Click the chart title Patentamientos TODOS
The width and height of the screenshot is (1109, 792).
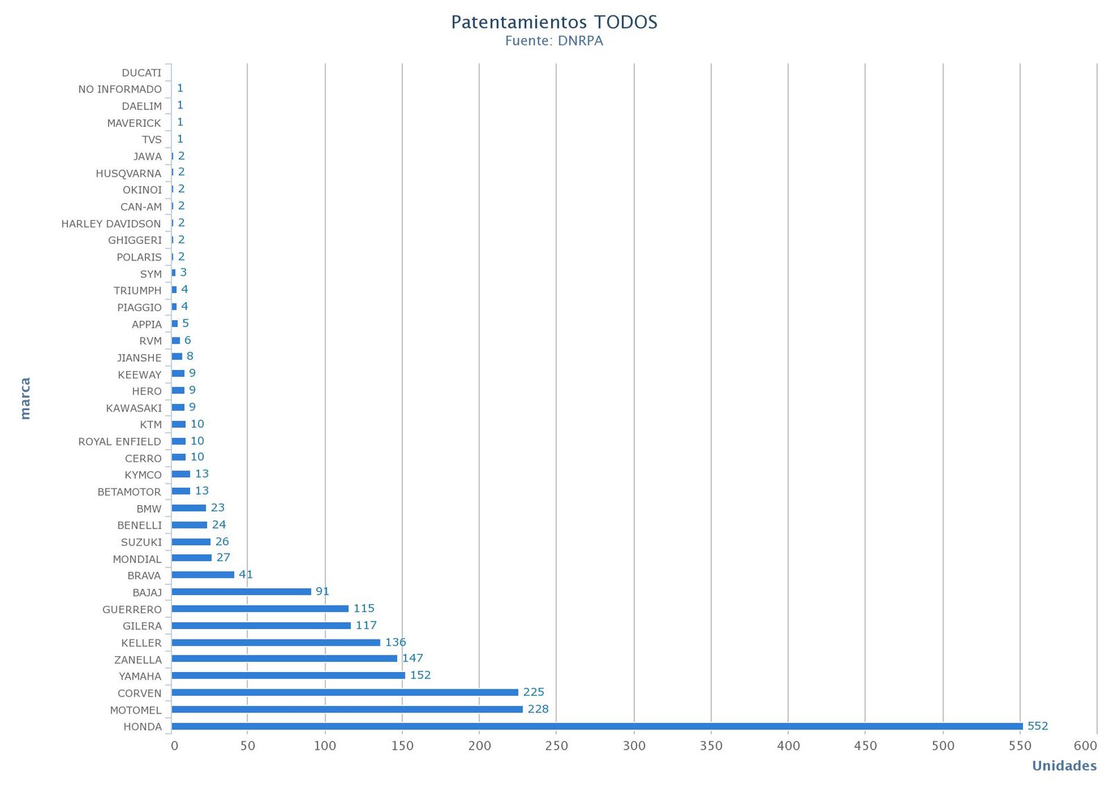point(554,22)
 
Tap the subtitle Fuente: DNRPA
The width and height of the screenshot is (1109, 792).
point(554,41)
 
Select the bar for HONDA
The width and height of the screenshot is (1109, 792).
point(596,726)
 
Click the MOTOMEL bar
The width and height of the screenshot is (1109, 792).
point(347,709)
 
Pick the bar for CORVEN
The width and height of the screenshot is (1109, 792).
point(344,692)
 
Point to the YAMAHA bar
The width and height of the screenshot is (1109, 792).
point(288,675)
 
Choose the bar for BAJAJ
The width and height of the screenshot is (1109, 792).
point(241,591)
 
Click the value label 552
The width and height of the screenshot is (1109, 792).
point(1038,726)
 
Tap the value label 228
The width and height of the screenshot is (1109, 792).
point(538,709)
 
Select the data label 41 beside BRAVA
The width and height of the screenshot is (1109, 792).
point(246,574)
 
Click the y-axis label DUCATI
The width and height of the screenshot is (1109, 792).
point(141,73)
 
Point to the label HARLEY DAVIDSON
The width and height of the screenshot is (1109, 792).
point(111,224)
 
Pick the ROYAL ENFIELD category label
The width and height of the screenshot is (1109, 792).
point(119,441)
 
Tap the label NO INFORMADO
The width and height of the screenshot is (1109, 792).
point(120,89)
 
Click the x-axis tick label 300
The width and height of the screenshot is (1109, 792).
point(634,746)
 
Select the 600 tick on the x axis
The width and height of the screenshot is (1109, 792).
point(1085,746)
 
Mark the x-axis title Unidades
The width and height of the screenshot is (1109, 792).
point(1064,766)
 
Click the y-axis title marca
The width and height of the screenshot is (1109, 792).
point(26,398)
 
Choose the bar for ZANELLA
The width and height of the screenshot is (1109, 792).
point(284,658)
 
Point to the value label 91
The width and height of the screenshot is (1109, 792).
point(322,591)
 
